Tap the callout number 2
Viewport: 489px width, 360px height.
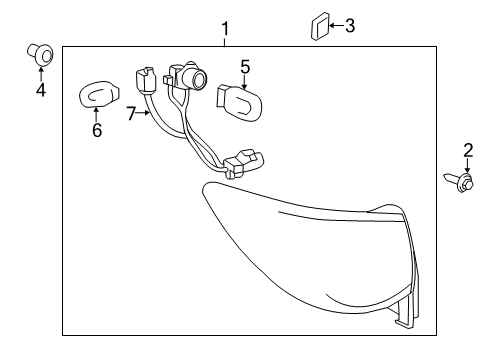click(467, 151)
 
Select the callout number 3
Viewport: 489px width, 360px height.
click(349, 25)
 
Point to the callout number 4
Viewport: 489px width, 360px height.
click(41, 91)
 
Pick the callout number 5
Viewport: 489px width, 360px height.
click(244, 68)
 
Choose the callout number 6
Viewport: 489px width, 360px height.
click(97, 131)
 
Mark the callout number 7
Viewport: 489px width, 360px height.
click(131, 114)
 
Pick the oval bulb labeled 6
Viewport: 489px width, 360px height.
click(98, 96)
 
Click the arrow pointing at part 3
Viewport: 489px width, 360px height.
click(333, 25)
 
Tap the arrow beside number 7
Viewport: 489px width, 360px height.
click(145, 113)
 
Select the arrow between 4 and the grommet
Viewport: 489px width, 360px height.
click(41, 72)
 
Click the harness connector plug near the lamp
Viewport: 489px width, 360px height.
click(242, 161)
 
